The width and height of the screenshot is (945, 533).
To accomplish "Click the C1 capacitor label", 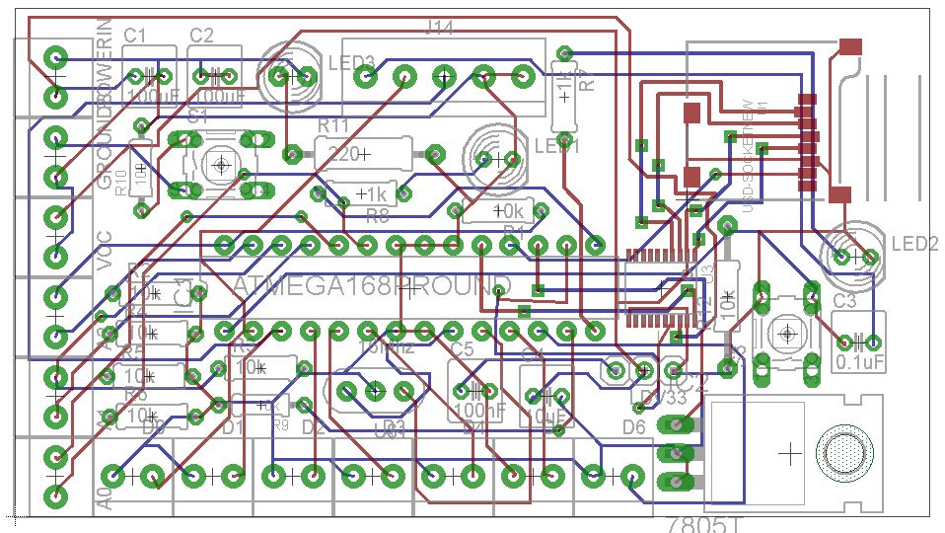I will click(x=135, y=36).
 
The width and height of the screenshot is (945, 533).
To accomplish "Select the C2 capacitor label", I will click(x=201, y=36).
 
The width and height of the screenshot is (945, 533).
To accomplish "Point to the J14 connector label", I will click(x=438, y=28).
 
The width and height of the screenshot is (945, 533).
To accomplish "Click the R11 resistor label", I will click(x=333, y=125).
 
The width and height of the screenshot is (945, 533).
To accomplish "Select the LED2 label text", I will click(x=913, y=244).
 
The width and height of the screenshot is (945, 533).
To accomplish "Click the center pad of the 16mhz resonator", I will click(x=375, y=391).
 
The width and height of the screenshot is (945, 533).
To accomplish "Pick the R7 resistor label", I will click(x=587, y=79).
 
